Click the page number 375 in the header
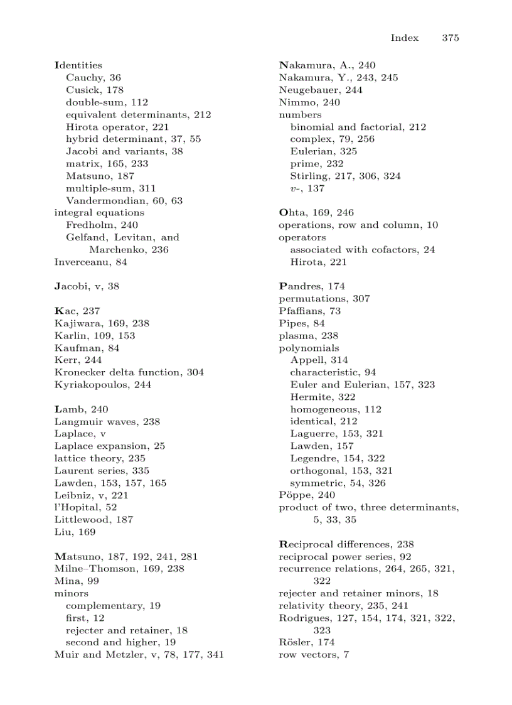[x=450, y=38]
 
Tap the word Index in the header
[x=404, y=38]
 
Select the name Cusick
[x=82, y=90]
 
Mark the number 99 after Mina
[x=93, y=581]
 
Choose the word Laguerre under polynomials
[x=310, y=433]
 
